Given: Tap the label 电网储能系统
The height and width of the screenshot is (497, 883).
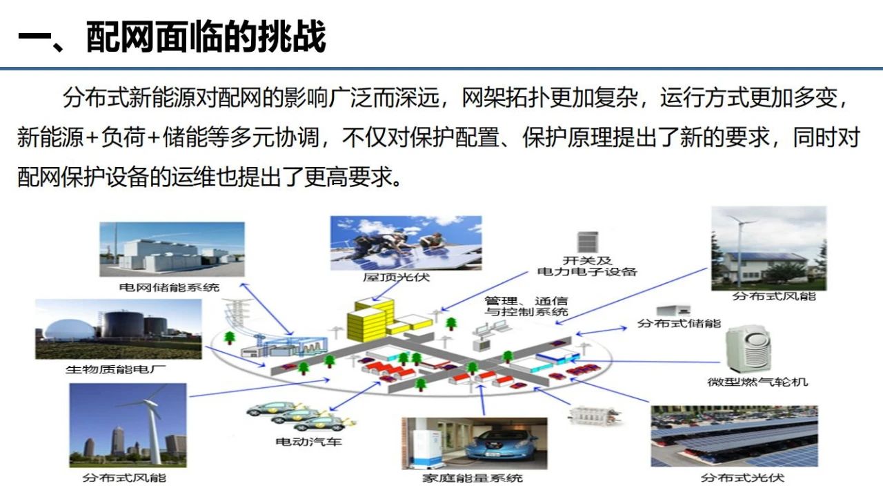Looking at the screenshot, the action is (x=169, y=287).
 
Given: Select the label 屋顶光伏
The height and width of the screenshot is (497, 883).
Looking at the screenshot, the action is (x=396, y=277).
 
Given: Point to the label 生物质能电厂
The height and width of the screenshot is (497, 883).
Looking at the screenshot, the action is (x=115, y=369).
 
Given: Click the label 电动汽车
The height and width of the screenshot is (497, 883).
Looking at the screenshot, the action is (x=308, y=441).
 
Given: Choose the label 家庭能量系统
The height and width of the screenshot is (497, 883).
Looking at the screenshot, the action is (x=473, y=478).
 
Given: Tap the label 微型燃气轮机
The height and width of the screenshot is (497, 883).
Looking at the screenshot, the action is (x=757, y=382).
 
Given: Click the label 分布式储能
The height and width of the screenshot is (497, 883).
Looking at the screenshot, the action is (x=679, y=324).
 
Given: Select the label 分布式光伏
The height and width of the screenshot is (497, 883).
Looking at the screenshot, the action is (x=742, y=478).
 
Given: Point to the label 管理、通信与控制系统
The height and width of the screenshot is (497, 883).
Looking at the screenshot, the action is (x=526, y=306).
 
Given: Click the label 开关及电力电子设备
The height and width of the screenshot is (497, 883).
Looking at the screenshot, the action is (x=587, y=266).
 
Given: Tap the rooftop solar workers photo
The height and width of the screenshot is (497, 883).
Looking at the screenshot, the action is (x=406, y=243).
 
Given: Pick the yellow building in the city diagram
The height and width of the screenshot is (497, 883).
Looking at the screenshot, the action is (x=370, y=320).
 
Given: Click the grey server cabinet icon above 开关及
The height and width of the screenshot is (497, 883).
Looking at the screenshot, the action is (x=588, y=242).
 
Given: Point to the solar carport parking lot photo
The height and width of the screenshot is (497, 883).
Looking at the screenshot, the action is (x=735, y=436).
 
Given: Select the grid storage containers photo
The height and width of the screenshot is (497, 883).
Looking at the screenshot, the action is (x=172, y=249).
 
